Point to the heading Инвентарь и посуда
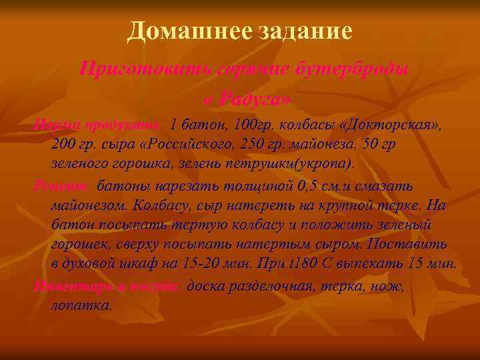[x=107, y=286]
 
